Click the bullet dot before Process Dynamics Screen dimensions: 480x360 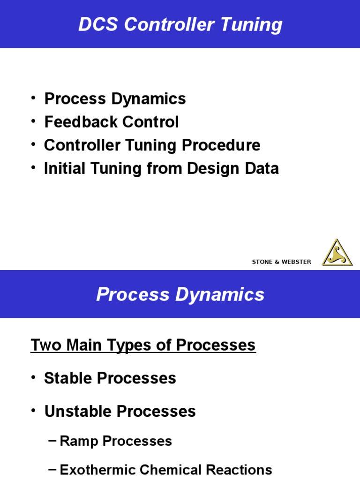34,98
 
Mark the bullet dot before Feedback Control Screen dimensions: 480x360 34,121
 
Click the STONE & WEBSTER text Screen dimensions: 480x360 281,262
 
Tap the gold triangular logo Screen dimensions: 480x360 337,253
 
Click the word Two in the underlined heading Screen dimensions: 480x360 43,345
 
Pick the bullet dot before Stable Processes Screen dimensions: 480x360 34,378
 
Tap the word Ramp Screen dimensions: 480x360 77,441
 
